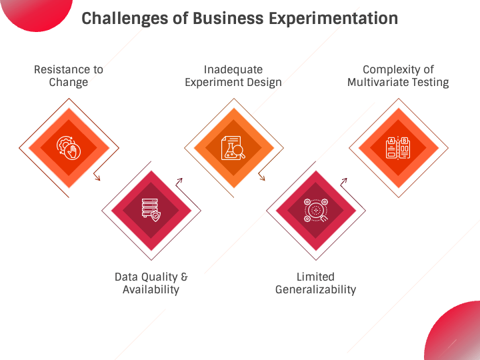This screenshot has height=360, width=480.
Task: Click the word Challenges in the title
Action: click(x=125, y=19)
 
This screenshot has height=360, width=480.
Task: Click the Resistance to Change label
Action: click(x=69, y=76)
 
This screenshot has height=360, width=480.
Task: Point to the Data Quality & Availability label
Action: click(x=151, y=283)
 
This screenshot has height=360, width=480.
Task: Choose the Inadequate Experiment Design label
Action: click(x=233, y=76)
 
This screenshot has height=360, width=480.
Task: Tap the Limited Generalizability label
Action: click(x=315, y=283)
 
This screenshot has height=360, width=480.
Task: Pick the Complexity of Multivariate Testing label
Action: click(x=398, y=76)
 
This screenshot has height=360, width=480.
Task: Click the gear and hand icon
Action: click(x=69, y=147)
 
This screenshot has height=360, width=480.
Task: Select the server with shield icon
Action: click(x=151, y=210)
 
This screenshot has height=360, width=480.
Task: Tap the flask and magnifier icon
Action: click(x=233, y=147)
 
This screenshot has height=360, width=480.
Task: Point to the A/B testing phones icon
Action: click(x=398, y=148)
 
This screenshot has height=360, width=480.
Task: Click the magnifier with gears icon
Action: click(x=315, y=210)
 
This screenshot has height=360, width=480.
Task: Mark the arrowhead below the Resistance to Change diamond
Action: click(x=97, y=177)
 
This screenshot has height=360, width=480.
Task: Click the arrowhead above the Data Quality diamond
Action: click(x=180, y=181)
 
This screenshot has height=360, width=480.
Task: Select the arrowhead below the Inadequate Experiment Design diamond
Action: click(x=263, y=177)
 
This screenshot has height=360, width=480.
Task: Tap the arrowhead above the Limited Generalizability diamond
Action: click(x=345, y=181)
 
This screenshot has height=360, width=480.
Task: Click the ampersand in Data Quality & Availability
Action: click(x=184, y=277)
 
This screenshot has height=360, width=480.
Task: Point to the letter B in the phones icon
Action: click(x=405, y=141)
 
